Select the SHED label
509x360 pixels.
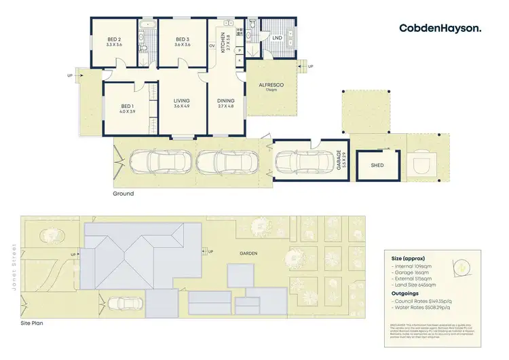tap(377, 165)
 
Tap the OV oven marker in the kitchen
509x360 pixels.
tap(212, 46)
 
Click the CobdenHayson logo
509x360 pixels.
tap(440, 28)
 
